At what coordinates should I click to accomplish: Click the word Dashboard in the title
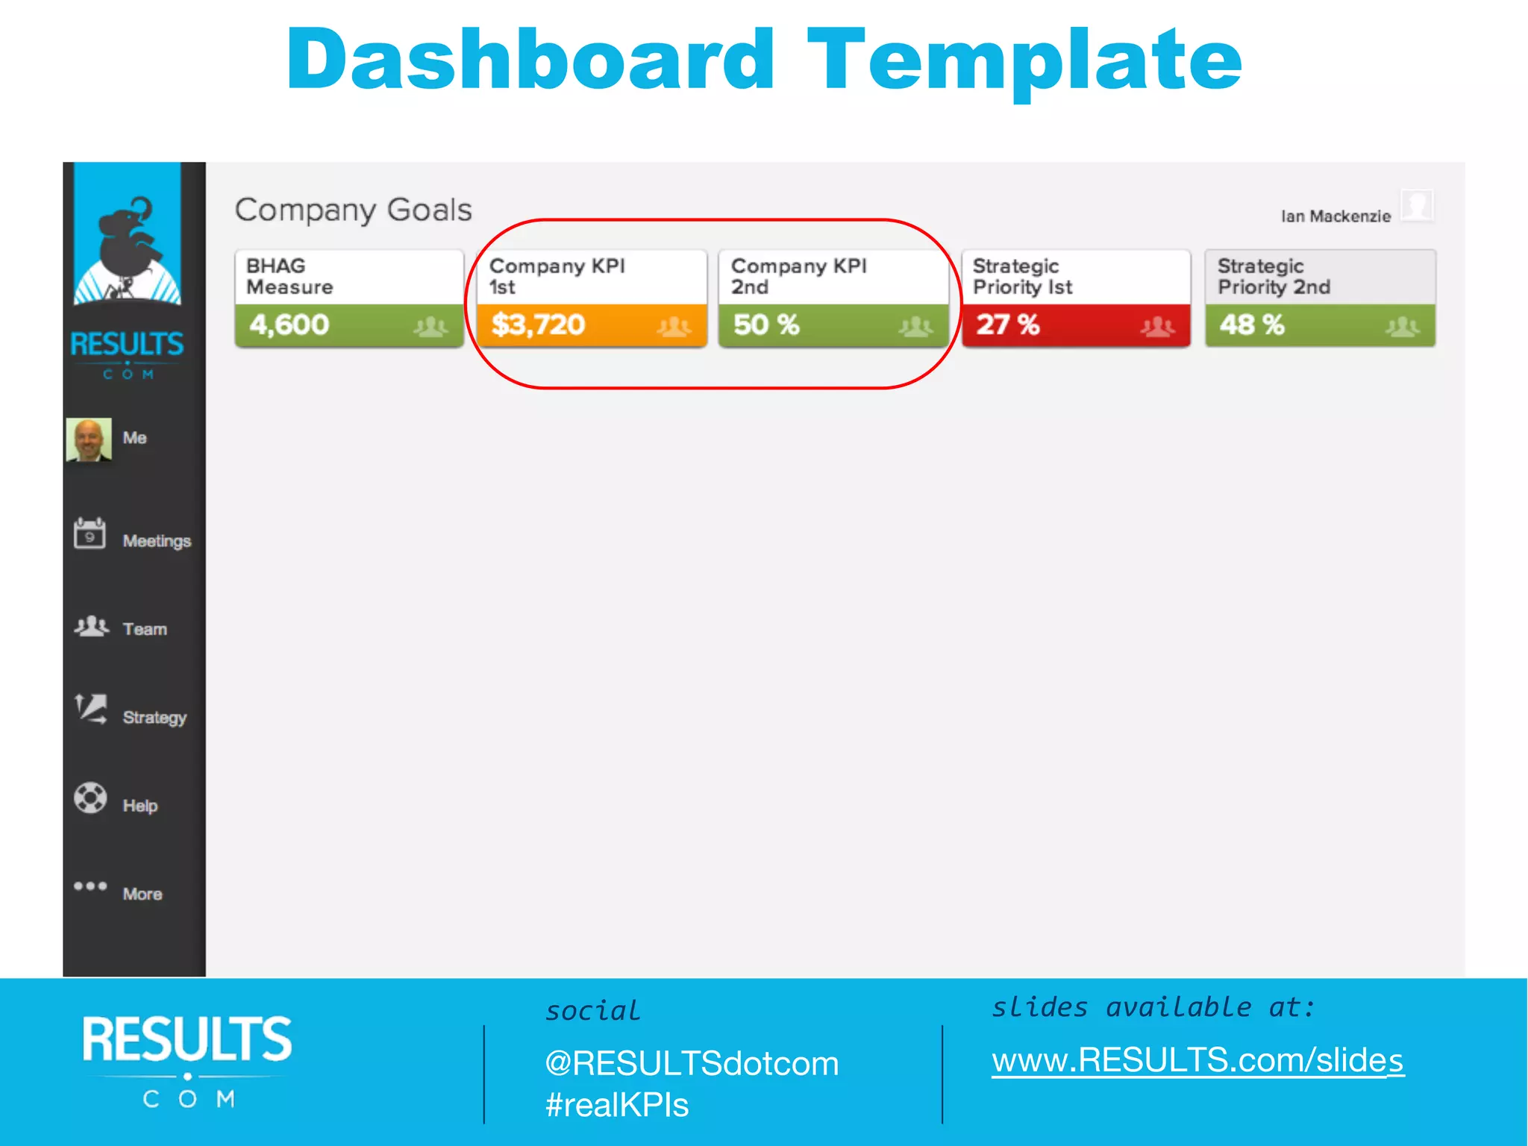pyautogui.click(x=530, y=60)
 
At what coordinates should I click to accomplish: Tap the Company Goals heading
pyautogui.click(x=353, y=210)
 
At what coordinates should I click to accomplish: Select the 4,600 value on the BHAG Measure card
pyautogui.click(x=289, y=325)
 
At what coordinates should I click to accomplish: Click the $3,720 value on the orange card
pyautogui.click(x=538, y=325)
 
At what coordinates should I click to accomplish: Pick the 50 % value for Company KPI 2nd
pyautogui.click(x=766, y=325)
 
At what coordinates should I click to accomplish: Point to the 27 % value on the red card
pyautogui.click(x=1008, y=325)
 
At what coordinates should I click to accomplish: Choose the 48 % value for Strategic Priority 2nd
pyautogui.click(x=1252, y=325)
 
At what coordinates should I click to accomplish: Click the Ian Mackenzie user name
pyautogui.click(x=1336, y=216)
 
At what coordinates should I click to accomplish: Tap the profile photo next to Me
pyautogui.click(x=89, y=439)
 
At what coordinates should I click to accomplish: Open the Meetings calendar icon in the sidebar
pyautogui.click(x=90, y=534)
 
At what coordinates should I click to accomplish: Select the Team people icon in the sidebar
pyautogui.click(x=91, y=626)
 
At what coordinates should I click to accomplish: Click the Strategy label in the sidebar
pyautogui.click(x=154, y=718)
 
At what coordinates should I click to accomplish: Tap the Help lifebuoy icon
pyautogui.click(x=90, y=798)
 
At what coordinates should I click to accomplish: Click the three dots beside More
pyautogui.click(x=90, y=886)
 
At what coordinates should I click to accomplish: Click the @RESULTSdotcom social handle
pyautogui.click(x=692, y=1063)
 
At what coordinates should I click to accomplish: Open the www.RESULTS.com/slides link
pyautogui.click(x=1197, y=1060)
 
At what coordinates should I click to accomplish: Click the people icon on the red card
pyautogui.click(x=1157, y=326)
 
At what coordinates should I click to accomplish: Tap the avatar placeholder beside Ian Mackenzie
pyautogui.click(x=1416, y=205)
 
